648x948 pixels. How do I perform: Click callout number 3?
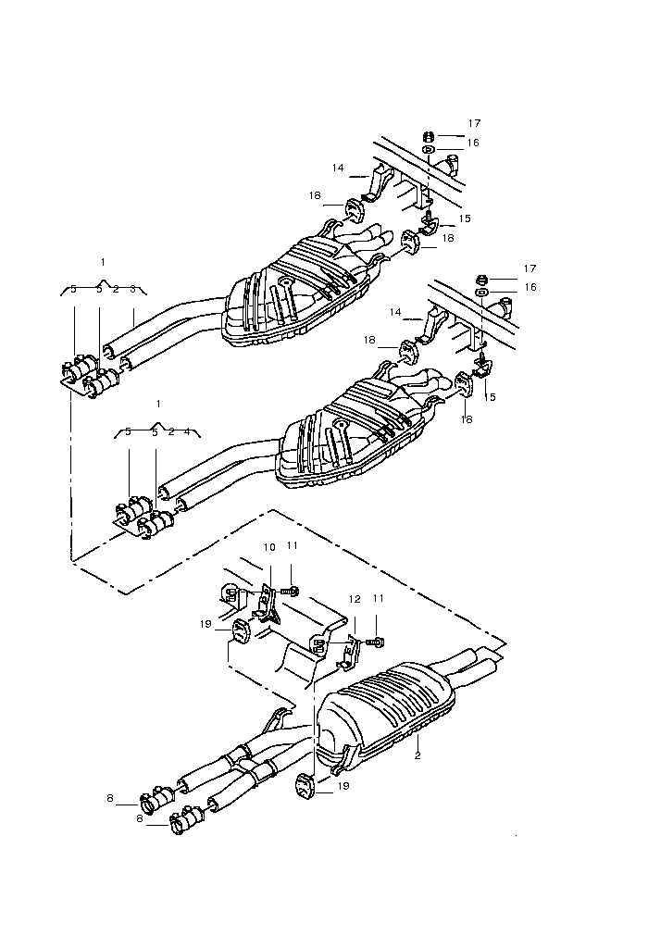[133, 289]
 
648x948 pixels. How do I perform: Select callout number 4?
[187, 431]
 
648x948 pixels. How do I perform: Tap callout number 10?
[269, 547]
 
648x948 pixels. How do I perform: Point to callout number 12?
[355, 599]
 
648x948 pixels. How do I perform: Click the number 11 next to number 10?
[293, 545]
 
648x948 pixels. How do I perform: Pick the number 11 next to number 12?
[379, 598]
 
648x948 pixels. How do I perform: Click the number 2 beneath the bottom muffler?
[417, 755]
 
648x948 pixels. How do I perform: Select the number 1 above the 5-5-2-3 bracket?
[103, 262]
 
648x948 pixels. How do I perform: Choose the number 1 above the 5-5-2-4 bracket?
[158, 404]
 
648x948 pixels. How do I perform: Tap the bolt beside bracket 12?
[378, 642]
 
